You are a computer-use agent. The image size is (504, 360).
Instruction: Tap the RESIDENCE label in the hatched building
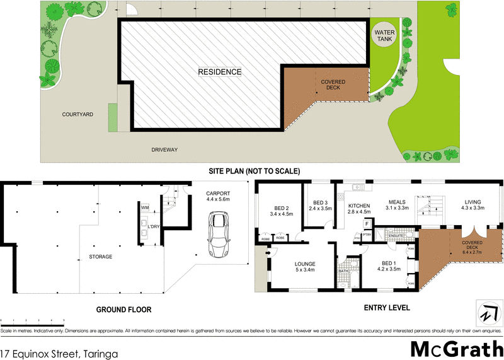pyautogui.click(x=220, y=72)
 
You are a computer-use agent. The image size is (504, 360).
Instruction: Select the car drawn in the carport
pyautogui.click(x=218, y=234)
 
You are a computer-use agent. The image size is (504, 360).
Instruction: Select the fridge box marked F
pyautogui.click(x=366, y=224)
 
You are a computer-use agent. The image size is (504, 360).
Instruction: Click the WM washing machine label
pyautogui.click(x=145, y=207)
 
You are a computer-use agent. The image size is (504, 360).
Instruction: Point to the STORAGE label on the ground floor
pyautogui.click(x=101, y=257)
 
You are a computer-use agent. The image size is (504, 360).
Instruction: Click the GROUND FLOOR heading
pyautogui.click(x=123, y=310)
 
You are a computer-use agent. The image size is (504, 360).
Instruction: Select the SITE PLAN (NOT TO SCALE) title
pyautogui.click(x=255, y=171)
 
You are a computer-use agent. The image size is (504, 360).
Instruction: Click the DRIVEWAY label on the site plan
pyautogui.click(x=165, y=150)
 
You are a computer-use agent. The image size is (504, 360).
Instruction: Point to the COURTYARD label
pyautogui.click(x=77, y=115)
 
